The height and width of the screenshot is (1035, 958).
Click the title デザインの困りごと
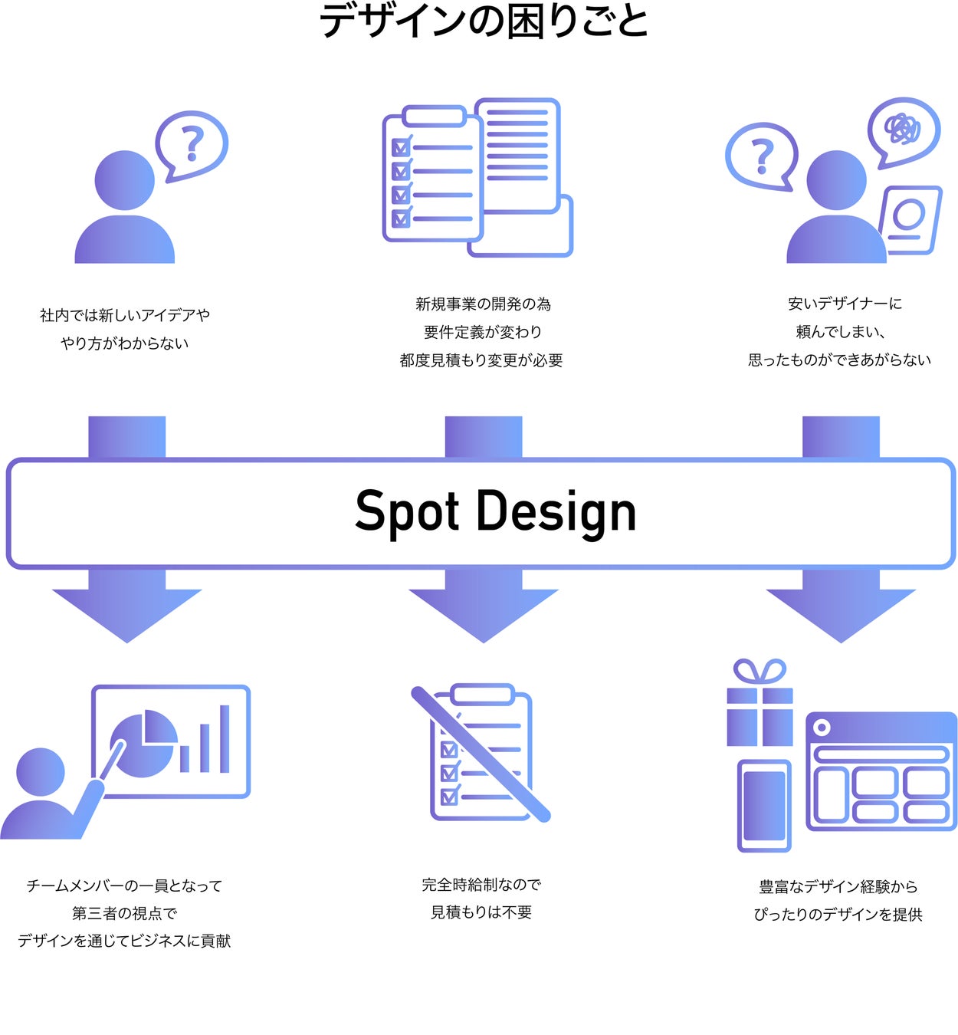point(484,21)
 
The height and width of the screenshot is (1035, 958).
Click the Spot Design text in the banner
point(495,512)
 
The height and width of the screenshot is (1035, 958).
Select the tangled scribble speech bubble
point(903,130)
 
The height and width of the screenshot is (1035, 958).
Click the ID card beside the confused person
point(910,219)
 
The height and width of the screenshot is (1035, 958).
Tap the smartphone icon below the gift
point(764,805)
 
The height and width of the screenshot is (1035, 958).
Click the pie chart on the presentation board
point(143,743)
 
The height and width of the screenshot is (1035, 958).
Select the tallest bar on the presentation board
point(225,738)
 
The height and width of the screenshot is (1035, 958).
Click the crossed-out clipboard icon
point(481,753)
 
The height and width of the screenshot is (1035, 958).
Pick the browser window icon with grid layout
point(881,771)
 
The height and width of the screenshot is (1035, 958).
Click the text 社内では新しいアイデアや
point(125,315)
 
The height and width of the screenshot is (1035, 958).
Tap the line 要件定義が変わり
point(482,332)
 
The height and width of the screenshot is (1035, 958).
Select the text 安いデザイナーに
point(845,304)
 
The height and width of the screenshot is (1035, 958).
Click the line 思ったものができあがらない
point(839,360)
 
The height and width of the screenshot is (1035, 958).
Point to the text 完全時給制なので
point(481,885)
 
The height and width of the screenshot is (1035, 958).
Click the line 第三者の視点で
point(124,913)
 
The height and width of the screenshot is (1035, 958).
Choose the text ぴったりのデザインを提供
point(838,915)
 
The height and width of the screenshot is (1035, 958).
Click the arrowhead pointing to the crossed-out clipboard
point(484,613)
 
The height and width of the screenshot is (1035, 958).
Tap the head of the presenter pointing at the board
point(41,772)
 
